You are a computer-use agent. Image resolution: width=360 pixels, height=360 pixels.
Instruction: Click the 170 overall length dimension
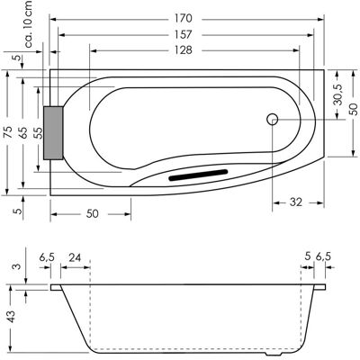(183, 19)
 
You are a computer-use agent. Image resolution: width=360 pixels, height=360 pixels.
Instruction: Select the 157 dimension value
(183, 34)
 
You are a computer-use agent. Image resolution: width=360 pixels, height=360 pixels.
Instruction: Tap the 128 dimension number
(183, 49)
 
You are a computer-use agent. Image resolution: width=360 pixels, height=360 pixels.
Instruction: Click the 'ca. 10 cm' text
(29, 24)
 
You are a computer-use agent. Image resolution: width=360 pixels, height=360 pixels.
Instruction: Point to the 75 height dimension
(9, 132)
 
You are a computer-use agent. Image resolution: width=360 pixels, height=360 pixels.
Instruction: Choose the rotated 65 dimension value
(24, 132)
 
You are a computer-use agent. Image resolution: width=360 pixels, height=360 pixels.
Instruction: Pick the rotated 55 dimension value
(39, 132)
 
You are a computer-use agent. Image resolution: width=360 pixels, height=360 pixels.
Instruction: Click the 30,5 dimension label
(338, 94)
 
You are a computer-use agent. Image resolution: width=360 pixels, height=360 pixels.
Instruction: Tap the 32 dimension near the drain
(296, 202)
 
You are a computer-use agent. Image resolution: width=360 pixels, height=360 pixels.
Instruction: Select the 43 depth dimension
(12, 316)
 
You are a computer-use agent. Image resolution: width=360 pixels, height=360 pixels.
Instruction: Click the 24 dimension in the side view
(75, 257)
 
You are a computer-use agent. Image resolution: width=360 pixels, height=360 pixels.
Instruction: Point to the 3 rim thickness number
(19, 266)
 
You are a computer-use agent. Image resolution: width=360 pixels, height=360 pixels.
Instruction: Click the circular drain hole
(273, 120)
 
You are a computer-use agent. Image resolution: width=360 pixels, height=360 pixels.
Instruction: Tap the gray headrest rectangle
(53, 132)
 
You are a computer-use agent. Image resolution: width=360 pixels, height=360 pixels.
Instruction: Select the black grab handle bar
(198, 175)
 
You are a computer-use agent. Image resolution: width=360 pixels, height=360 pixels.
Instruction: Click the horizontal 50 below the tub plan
(92, 213)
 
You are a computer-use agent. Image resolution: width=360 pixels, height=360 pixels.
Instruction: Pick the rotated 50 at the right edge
(354, 110)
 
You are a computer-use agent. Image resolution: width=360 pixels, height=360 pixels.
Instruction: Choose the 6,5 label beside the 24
(47, 257)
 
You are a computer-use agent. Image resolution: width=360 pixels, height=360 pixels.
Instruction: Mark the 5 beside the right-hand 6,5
(307, 256)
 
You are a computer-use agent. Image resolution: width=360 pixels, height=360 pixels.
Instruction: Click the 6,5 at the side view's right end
(323, 256)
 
